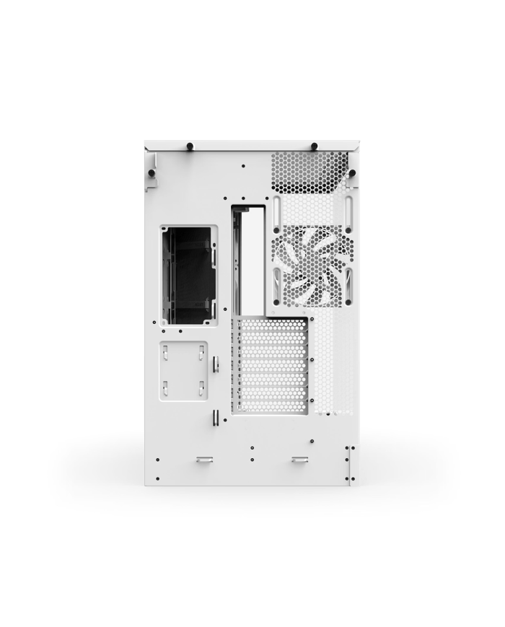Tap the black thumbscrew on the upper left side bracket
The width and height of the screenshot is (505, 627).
[x=152, y=173]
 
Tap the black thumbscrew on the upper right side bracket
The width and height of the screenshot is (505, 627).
[x=352, y=173]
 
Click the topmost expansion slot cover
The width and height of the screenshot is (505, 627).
[x=273, y=327]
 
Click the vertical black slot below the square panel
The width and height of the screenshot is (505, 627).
[x=215, y=419]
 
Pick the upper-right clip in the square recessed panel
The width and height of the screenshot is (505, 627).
[x=201, y=354]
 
